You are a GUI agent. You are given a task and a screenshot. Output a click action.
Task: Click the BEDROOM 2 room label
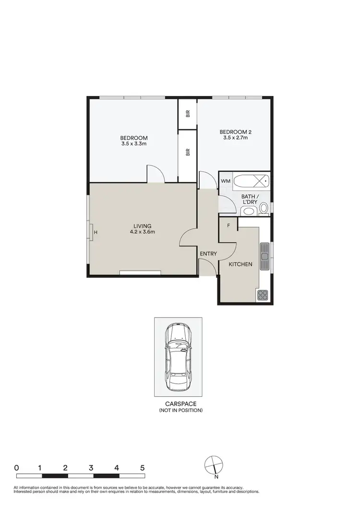pos(235,132)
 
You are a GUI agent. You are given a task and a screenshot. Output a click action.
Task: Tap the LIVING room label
pos(143,226)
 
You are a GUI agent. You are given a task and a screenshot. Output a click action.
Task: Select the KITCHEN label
pos(240,264)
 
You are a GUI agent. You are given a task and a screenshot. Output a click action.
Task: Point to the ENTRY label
pos(208,254)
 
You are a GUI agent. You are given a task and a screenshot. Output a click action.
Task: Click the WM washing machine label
pos(226,181)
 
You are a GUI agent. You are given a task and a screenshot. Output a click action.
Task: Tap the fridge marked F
pos(228,225)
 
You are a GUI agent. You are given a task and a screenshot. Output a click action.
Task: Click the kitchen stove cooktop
pos(263,295)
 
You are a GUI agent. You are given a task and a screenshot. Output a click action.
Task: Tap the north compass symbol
pos(214,465)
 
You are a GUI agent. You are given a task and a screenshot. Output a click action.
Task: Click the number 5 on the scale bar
pos(143,467)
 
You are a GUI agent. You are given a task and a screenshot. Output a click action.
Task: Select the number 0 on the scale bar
pos(17,467)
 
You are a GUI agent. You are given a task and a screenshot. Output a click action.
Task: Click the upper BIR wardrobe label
pos(188,114)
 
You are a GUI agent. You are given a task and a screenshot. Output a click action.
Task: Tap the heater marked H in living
pos(96,233)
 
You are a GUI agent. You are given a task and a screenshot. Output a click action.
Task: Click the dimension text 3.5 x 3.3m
pos(134,143)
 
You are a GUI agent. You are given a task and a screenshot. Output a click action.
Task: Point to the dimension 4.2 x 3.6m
pos(143,232)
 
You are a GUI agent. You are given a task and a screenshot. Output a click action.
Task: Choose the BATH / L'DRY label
pos(250,199)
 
